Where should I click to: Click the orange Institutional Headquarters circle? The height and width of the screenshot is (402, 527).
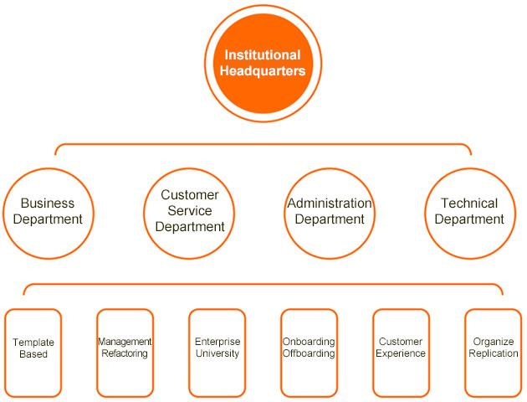pos(262,64)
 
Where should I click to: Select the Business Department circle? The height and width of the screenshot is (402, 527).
pos(48,212)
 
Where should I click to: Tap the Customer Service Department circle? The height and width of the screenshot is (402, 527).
pos(190,212)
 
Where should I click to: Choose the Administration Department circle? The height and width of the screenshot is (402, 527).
pos(330,212)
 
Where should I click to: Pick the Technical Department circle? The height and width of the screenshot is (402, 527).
pos(469,212)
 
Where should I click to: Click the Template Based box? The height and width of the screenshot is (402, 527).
pos(33,353)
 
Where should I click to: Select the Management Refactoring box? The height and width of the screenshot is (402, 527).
pos(125,353)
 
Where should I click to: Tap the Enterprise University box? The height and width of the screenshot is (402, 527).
pos(217,353)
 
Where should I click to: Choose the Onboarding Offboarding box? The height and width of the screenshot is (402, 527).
pos(309,353)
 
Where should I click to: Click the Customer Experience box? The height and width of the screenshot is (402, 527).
pos(401,353)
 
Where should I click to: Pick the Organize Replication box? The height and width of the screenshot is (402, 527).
pos(493,353)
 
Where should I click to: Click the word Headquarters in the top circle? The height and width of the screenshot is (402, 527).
pos(262,72)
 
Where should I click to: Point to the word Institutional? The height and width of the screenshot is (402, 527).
pos(262,55)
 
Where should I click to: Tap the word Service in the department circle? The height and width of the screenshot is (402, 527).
pos(190,211)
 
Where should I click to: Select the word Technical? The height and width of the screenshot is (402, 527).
pos(469,204)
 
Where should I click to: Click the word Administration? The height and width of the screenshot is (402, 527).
pos(330,204)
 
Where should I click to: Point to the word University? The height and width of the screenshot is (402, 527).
pos(217,353)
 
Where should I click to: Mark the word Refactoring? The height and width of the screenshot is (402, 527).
pos(125,353)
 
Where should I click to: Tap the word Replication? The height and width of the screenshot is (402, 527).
pos(494,353)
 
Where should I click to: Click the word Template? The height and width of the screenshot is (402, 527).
pos(33,343)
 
